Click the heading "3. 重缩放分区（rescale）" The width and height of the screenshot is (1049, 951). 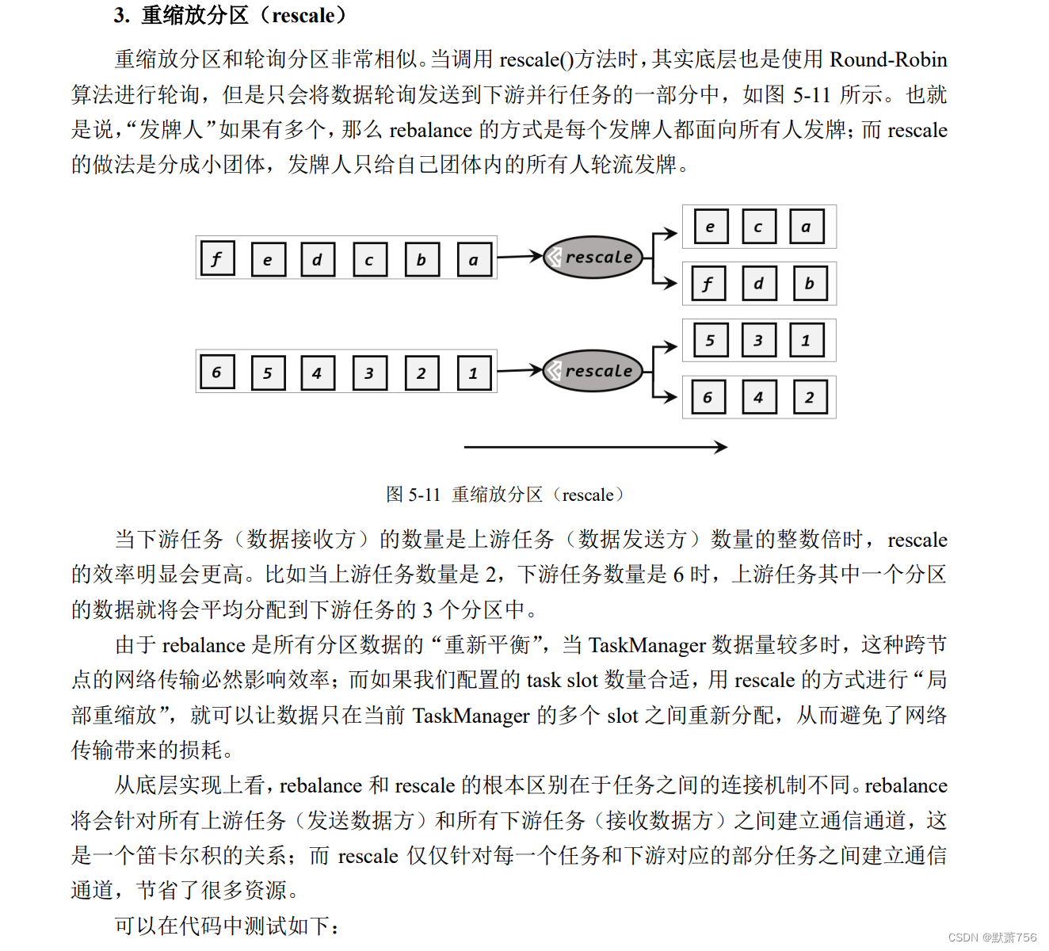point(230,15)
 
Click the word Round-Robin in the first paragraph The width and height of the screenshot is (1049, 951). point(888,59)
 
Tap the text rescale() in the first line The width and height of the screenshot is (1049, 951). point(536,59)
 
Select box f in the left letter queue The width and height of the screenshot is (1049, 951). point(217,258)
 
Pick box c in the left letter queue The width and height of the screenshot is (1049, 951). point(369,259)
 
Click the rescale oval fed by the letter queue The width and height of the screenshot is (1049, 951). point(593,257)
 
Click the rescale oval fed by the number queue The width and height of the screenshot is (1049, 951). point(593,371)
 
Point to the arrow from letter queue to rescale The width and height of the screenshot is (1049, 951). point(520,256)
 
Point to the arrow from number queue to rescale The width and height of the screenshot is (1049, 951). point(520,370)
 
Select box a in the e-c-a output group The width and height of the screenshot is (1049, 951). point(807,227)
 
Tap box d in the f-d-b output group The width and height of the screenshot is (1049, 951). point(759,284)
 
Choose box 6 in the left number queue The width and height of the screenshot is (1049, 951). point(217,372)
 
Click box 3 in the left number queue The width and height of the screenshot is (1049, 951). point(369,373)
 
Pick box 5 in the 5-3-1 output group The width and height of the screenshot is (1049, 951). point(710,341)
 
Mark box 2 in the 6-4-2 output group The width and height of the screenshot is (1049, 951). point(810,397)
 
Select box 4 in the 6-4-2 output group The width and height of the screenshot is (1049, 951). point(759,397)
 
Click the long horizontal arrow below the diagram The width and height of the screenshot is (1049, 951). point(595,447)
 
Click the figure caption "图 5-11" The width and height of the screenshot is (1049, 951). point(413,495)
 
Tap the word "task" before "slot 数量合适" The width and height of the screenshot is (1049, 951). point(544,680)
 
